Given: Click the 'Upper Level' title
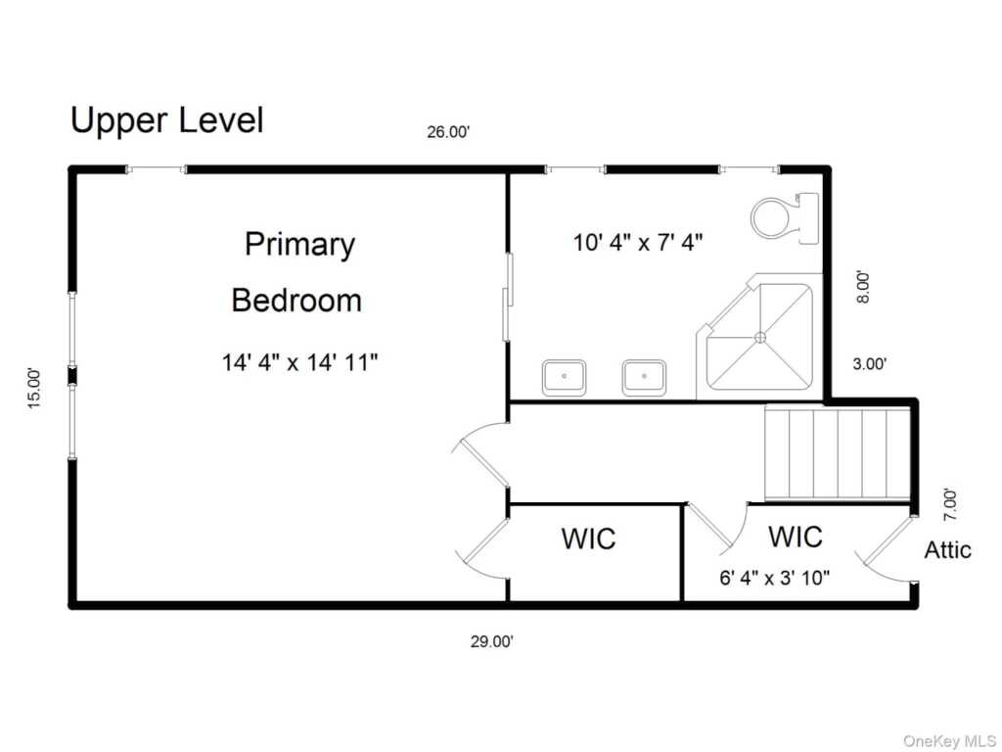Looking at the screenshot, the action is pyautogui.click(x=166, y=121).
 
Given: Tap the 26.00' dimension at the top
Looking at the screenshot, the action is pyautogui.click(x=448, y=132).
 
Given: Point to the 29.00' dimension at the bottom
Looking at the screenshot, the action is pyautogui.click(x=492, y=641).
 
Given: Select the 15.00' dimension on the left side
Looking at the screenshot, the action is pyautogui.click(x=34, y=388).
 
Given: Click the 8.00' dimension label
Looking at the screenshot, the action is pyautogui.click(x=863, y=287).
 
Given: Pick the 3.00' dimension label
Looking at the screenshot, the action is pyautogui.click(x=870, y=364).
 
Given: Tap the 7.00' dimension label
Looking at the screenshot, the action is pyautogui.click(x=950, y=504).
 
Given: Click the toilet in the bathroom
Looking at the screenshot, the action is pyautogui.click(x=785, y=218).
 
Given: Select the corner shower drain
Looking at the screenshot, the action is pyautogui.click(x=760, y=337).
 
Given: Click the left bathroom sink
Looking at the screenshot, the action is pyautogui.click(x=565, y=377).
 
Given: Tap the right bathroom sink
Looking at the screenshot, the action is pyautogui.click(x=644, y=377).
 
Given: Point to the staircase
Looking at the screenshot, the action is pyautogui.click(x=838, y=453).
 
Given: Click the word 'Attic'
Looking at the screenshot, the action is pyautogui.click(x=947, y=550).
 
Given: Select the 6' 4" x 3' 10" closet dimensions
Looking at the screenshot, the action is pyautogui.click(x=775, y=578).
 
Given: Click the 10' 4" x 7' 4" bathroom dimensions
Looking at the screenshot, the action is pyautogui.click(x=638, y=243).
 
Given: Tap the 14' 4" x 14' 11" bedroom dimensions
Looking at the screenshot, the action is pyautogui.click(x=299, y=362).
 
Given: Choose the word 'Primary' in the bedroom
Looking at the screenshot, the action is pyautogui.click(x=299, y=246).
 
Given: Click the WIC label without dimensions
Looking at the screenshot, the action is pyautogui.click(x=588, y=539).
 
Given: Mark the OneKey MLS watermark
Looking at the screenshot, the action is pyautogui.click(x=949, y=741).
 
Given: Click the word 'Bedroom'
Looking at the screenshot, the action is pyautogui.click(x=296, y=301).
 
